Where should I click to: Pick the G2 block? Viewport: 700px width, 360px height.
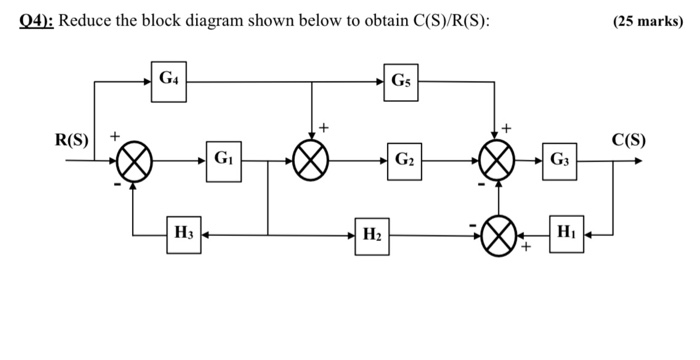(404, 160)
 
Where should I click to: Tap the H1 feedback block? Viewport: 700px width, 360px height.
(566, 236)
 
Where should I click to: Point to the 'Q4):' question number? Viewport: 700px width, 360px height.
(37, 22)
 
